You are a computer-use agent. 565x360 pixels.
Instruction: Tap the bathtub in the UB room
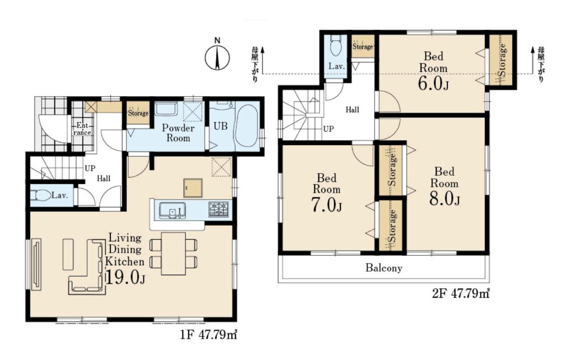coord(246,128)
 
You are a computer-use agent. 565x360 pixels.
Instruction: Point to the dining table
coord(173,253)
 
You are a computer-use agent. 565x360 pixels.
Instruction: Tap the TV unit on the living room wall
coord(36,264)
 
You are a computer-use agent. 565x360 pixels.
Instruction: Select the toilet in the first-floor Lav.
coord(40,195)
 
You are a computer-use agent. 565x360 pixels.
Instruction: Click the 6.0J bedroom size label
coord(433,84)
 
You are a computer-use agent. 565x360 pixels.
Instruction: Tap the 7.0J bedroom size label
coord(327,205)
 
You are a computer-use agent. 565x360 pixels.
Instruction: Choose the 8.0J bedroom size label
coord(444,199)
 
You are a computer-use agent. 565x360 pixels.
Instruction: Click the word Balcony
coord(384,268)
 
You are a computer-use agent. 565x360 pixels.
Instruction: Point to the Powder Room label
coord(178,133)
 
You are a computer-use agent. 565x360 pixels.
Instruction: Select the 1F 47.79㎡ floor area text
coord(209,335)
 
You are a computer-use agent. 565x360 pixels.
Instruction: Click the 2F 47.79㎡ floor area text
coord(461,294)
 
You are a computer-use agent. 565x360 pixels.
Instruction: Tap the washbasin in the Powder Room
coord(166,110)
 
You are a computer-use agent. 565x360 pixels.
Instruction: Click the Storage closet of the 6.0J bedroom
coord(500,60)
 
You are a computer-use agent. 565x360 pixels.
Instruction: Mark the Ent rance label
coord(82,129)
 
